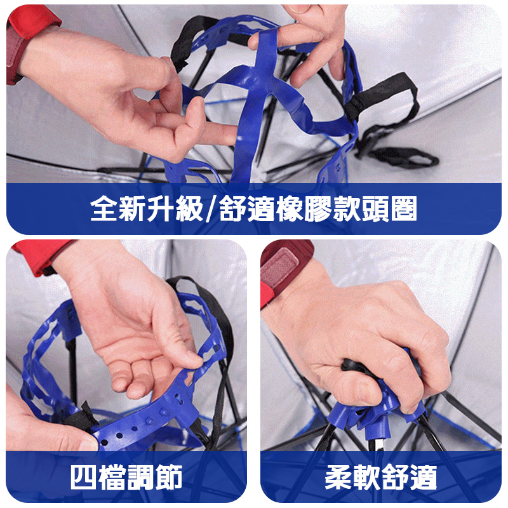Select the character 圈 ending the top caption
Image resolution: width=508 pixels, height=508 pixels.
404,209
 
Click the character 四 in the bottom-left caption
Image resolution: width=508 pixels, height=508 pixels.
84,477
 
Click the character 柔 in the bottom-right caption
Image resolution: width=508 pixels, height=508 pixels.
338,477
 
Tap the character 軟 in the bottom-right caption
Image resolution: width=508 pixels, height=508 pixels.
367,477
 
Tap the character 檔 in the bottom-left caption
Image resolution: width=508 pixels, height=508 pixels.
112,477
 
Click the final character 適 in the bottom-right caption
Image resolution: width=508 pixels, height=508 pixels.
424,477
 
